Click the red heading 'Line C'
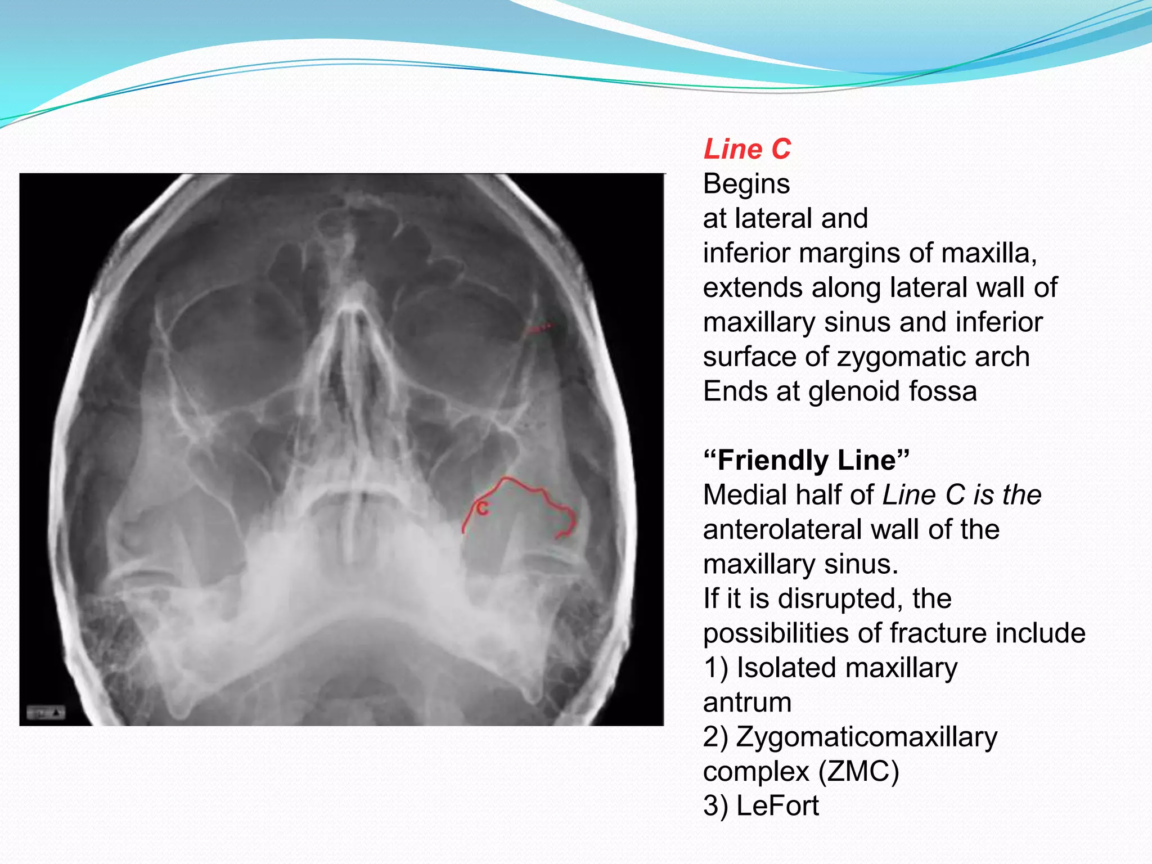[x=747, y=150]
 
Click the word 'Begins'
[x=746, y=184]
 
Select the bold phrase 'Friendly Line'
[x=806, y=461]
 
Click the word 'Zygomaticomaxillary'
[x=866, y=737]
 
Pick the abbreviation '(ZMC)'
[x=858, y=772]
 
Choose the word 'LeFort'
[x=777, y=806]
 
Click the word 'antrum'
[x=747, y=703]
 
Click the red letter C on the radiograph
[x=483, y=509]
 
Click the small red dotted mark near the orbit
[x=539, y=327]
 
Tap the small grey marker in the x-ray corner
[x=46, y=713]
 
